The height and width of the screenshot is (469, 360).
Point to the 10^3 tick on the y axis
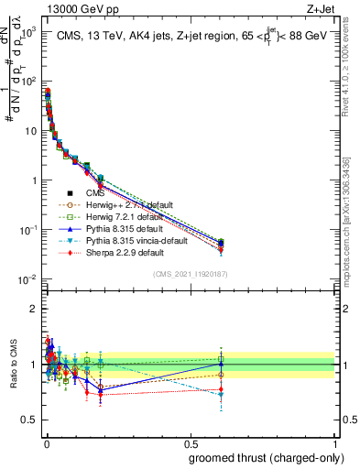point(28,32)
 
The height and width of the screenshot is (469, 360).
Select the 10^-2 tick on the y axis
point(27,278)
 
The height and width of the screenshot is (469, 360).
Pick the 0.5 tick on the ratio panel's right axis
point(346,420)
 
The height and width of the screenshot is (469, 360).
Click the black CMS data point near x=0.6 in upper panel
point(221,243)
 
